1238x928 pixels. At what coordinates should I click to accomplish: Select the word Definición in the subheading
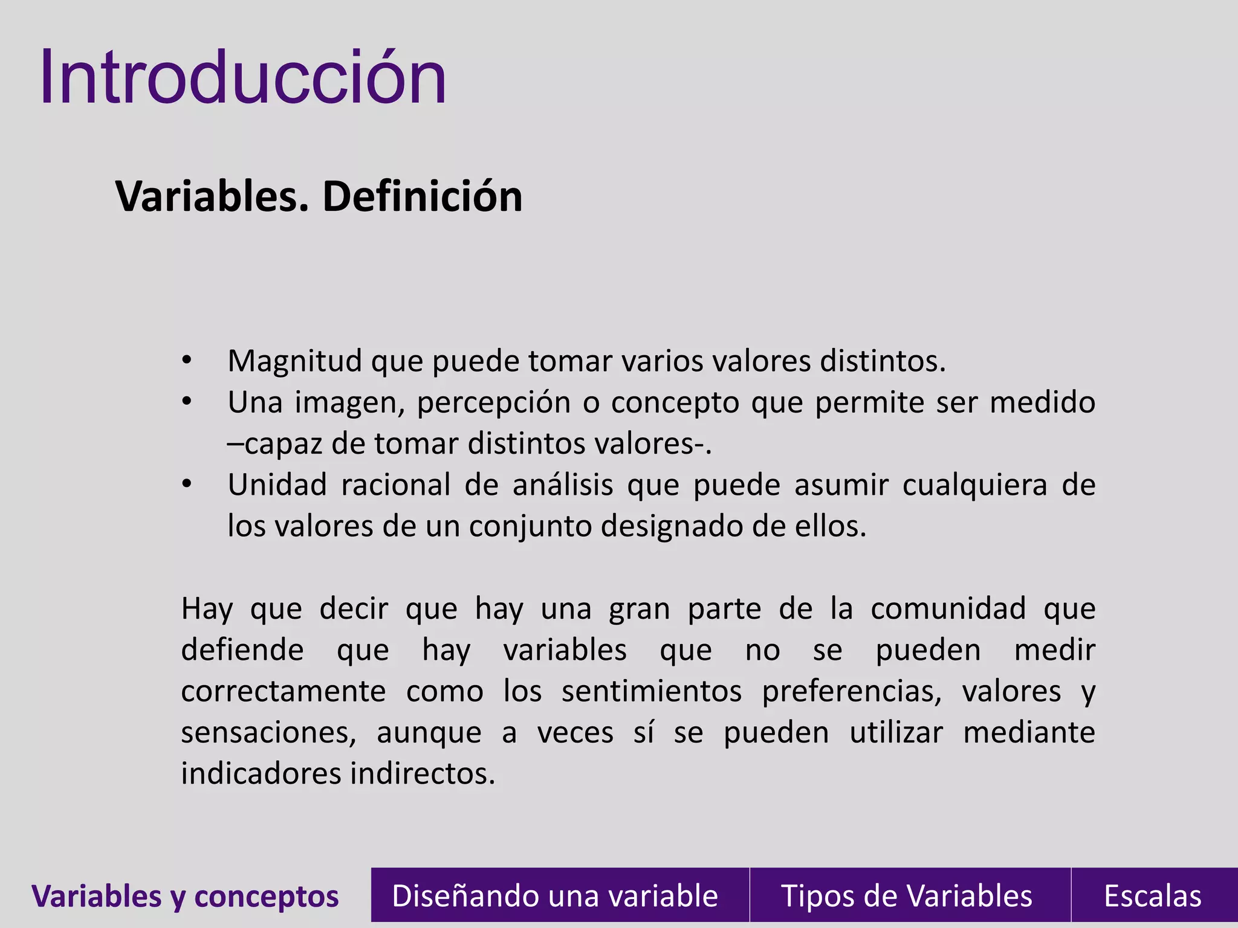pos(423,197)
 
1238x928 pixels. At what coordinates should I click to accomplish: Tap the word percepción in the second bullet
pos(493,403)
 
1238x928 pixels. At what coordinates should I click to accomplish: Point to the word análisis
pos(563,485)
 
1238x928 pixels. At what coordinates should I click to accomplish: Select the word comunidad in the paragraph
pos(948,608)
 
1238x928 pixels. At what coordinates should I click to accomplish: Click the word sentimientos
pos(651,691)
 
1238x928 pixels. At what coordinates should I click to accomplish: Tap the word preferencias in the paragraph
pos(851,691)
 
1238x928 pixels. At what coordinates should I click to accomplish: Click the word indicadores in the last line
pos(261,774)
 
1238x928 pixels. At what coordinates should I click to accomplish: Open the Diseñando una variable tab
pos(554,896)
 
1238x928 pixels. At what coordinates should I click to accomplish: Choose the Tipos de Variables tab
pos(906,896)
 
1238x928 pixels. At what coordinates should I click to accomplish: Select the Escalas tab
pos(1152,896)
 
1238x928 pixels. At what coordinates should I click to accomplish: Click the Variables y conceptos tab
pos(185,896)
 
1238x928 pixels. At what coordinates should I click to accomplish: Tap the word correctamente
pos(283,691)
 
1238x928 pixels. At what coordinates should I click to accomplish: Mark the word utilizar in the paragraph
pos(896,733)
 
